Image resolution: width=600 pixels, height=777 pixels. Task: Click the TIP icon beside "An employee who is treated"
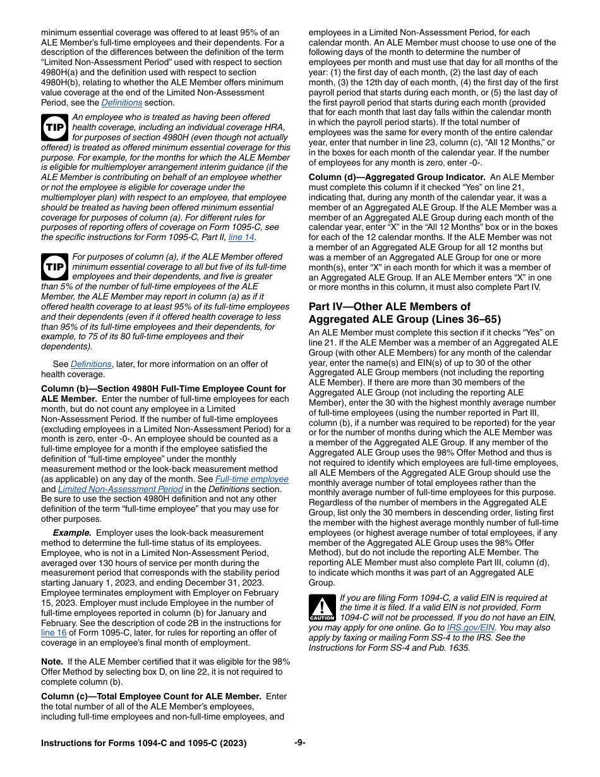click(55, 128)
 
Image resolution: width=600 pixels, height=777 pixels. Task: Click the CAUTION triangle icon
click(322, 608)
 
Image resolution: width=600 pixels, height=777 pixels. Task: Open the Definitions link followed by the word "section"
click(122, 102)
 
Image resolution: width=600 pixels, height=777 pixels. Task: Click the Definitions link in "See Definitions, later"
click(91, 364)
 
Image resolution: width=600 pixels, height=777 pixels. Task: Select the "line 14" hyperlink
click(242, 237)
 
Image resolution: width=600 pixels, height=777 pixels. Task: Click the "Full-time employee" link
click(252, 479)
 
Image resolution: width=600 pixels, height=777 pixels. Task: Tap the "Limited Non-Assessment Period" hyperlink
click(121, 489)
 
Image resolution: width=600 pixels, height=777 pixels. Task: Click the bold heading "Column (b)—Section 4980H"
click(163, 388)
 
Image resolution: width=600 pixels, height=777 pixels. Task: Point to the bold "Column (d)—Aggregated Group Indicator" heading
click(397, 178)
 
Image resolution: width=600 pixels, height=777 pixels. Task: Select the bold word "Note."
click(52, 661)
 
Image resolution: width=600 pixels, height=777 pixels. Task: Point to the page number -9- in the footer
click(300, 743)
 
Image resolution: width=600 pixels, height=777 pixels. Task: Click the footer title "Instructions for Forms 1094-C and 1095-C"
click(143, 744)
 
